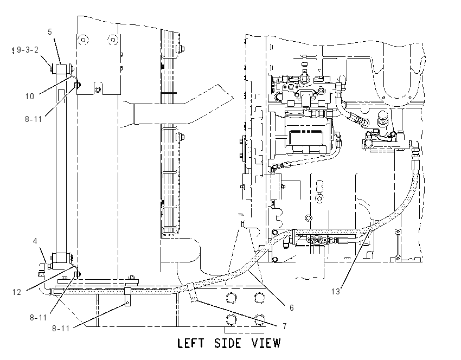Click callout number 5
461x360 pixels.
point(50,32)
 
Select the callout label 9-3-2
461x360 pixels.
point(28,50)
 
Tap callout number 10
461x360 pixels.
point(30,97)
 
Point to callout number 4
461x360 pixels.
point(35,241)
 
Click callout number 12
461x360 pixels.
point(17,292)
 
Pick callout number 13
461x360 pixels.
point(336,292)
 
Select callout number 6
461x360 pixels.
point(291,308)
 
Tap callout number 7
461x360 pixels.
point(285,326)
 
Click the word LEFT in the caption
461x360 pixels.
point(190,343)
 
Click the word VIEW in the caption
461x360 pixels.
point(266,343)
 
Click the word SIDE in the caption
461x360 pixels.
point(228,343)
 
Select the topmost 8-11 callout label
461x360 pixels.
point(33,119)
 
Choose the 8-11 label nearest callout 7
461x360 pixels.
point(61,328)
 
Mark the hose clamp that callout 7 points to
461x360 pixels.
point(191,292)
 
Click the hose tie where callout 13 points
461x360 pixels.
point(370,228)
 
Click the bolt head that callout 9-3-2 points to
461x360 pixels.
point(51,69)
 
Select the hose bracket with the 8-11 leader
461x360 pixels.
point(127,296)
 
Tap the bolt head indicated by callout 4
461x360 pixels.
point(50,266)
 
